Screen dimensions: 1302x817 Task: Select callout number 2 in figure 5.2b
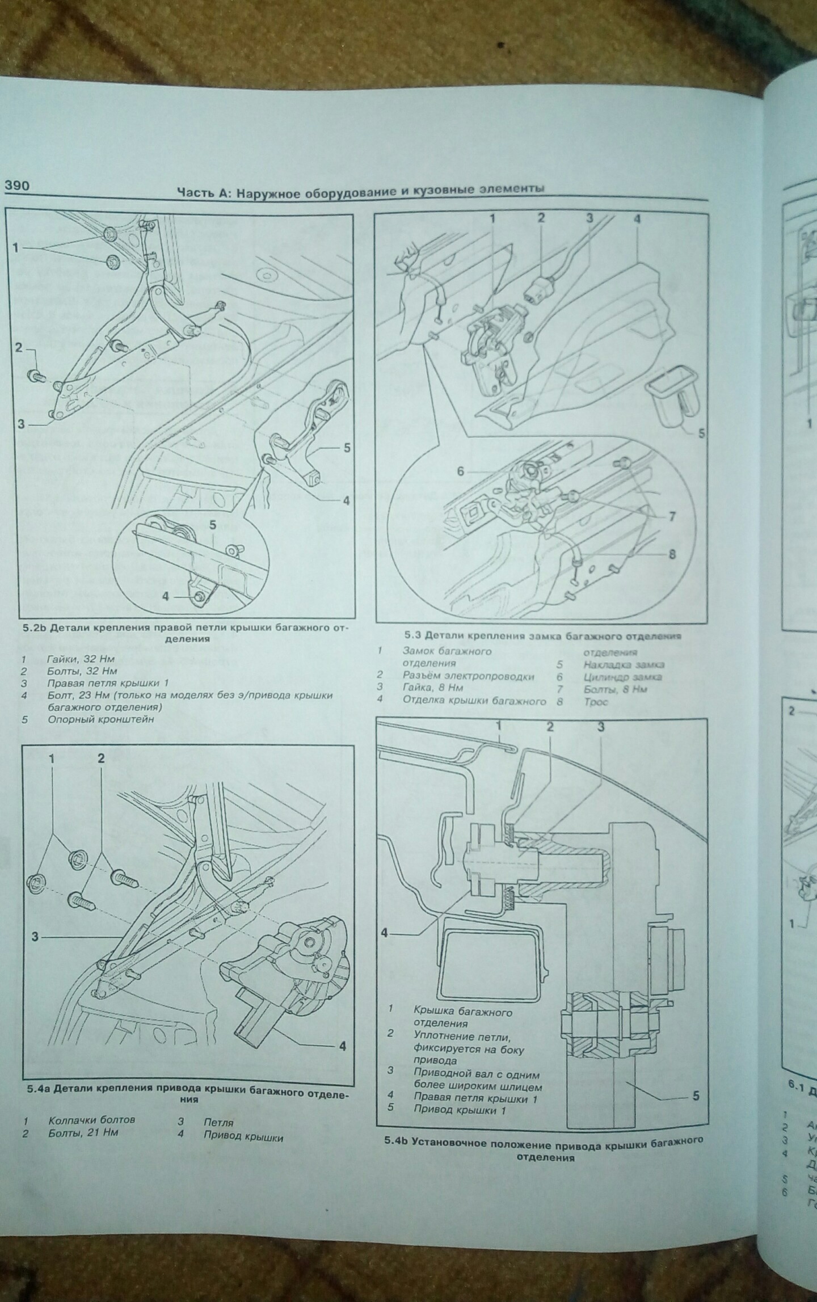click(19, 347)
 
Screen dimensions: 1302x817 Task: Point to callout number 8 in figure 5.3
click(672, 554)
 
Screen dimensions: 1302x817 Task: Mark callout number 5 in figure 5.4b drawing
click(696, 1096)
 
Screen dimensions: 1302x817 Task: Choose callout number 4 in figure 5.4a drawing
click(342, 1046)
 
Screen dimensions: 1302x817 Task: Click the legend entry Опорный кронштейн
click(101, 719)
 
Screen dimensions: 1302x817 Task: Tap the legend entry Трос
click(596, 702)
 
